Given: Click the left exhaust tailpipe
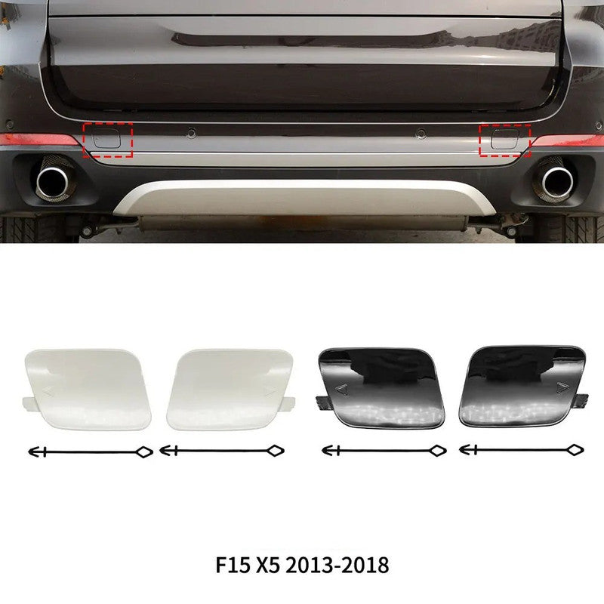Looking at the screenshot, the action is pyautogui.click(x=53, y=182).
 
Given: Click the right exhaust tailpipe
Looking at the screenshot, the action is pyautogui.click(x=557, y=182).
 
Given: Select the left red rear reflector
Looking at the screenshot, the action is pyautogui.click(x=39, y=140).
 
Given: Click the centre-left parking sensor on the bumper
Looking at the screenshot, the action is pyautogui.click(x=192, y=134).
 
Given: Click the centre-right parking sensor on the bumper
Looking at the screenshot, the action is pyautogui.click(x=421, y=134).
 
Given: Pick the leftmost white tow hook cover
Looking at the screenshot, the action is pyautogui.click(x=87, y=389).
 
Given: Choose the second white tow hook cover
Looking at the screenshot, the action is pyautogui.click(x=230, y=389).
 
